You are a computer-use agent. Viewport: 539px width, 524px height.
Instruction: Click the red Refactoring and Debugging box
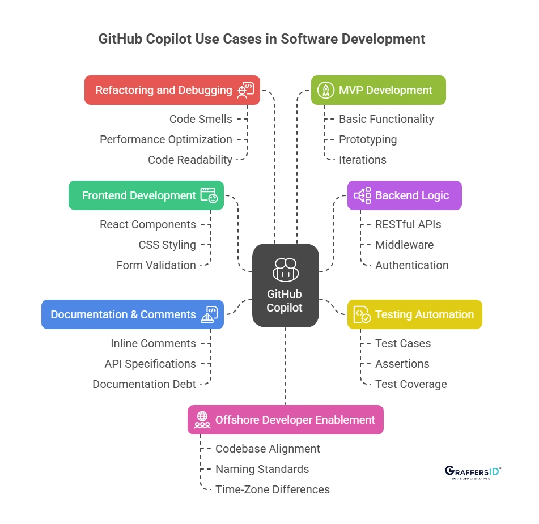tap(172, 90)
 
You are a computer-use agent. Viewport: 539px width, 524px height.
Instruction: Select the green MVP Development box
tap(378, 90)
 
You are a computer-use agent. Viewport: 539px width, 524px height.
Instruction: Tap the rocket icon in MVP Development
tap(325, 90)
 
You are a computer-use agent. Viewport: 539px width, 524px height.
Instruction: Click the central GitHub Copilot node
tap(285, 285)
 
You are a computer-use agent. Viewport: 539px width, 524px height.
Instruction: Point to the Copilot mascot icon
tap(285, 270)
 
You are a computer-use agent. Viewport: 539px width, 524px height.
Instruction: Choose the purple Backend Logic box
tap(404, 195)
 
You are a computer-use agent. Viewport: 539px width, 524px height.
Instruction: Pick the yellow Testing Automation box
tap(414, 314)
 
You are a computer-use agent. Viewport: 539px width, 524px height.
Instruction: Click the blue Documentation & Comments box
tap(132, 314)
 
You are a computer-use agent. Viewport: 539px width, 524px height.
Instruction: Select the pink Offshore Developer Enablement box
tap(285, 420)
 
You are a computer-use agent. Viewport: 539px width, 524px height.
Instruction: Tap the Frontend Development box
tap(146, 195)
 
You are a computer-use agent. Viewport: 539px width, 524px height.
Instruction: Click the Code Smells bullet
tap(201, 119)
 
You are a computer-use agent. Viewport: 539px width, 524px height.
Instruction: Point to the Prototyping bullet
tap(367, 139)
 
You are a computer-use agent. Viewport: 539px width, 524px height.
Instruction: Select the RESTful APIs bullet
tap(408, 224)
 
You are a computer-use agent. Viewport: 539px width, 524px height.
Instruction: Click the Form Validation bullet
tap(156, 265)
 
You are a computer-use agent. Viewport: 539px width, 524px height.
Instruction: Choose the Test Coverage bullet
tap(410, 384)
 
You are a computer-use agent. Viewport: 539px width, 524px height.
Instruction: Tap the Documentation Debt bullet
tap(144, 384)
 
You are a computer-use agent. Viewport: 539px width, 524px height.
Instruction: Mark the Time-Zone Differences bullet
tap(272, 489)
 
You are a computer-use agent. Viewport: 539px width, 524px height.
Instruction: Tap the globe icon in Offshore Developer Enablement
tap(202, 420)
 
